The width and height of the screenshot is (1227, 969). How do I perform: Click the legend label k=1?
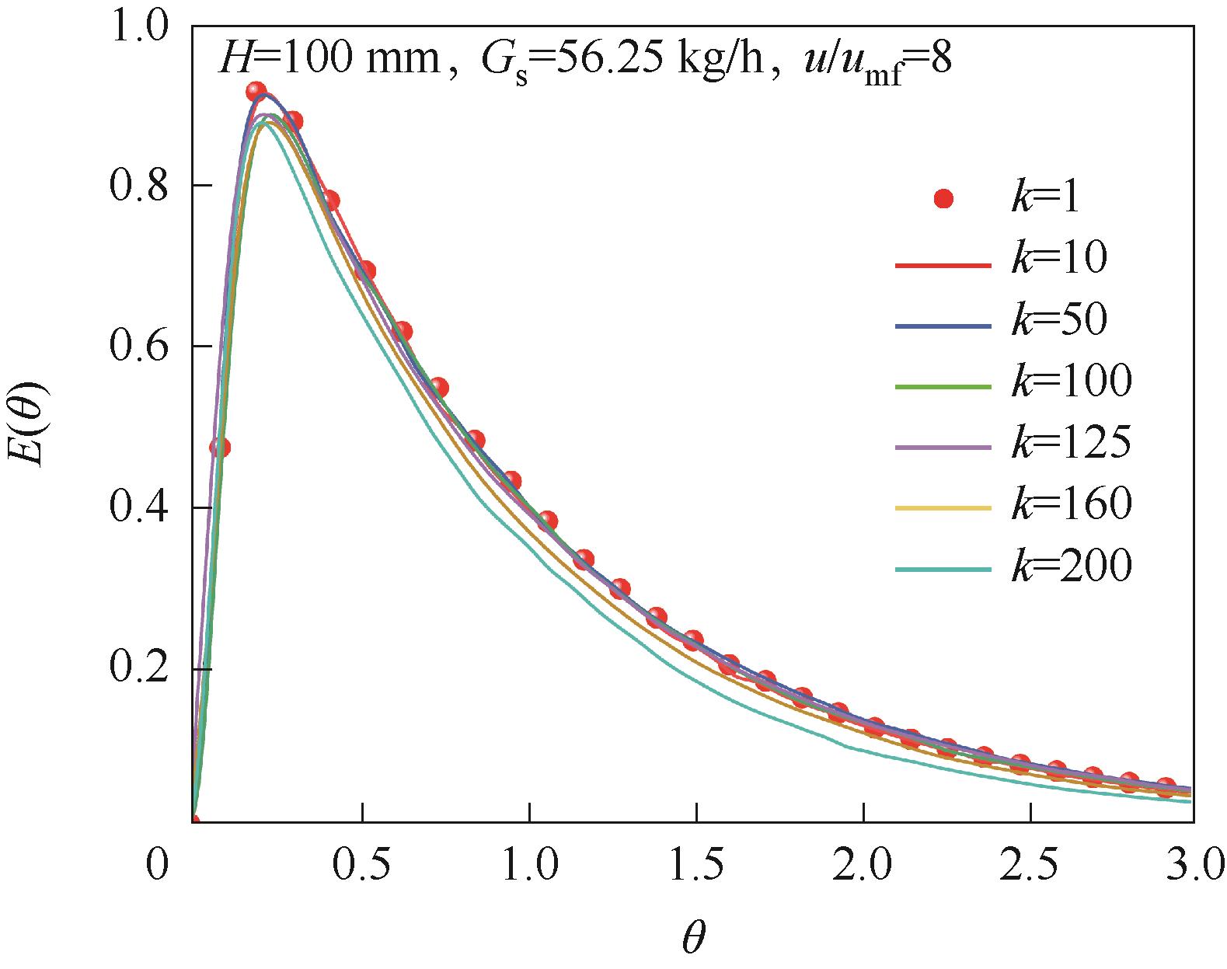pos(1046,200)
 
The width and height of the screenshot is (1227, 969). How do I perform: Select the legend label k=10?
pos(1058,260)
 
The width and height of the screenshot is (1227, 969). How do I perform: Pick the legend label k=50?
pos(1058,321)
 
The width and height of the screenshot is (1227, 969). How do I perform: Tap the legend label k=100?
pos(1071,382)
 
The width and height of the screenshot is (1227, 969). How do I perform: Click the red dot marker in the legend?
pos(944,200)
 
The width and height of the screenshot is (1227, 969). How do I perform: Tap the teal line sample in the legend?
pos(943,570)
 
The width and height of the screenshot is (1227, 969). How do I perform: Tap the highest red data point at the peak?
pos(256,92)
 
